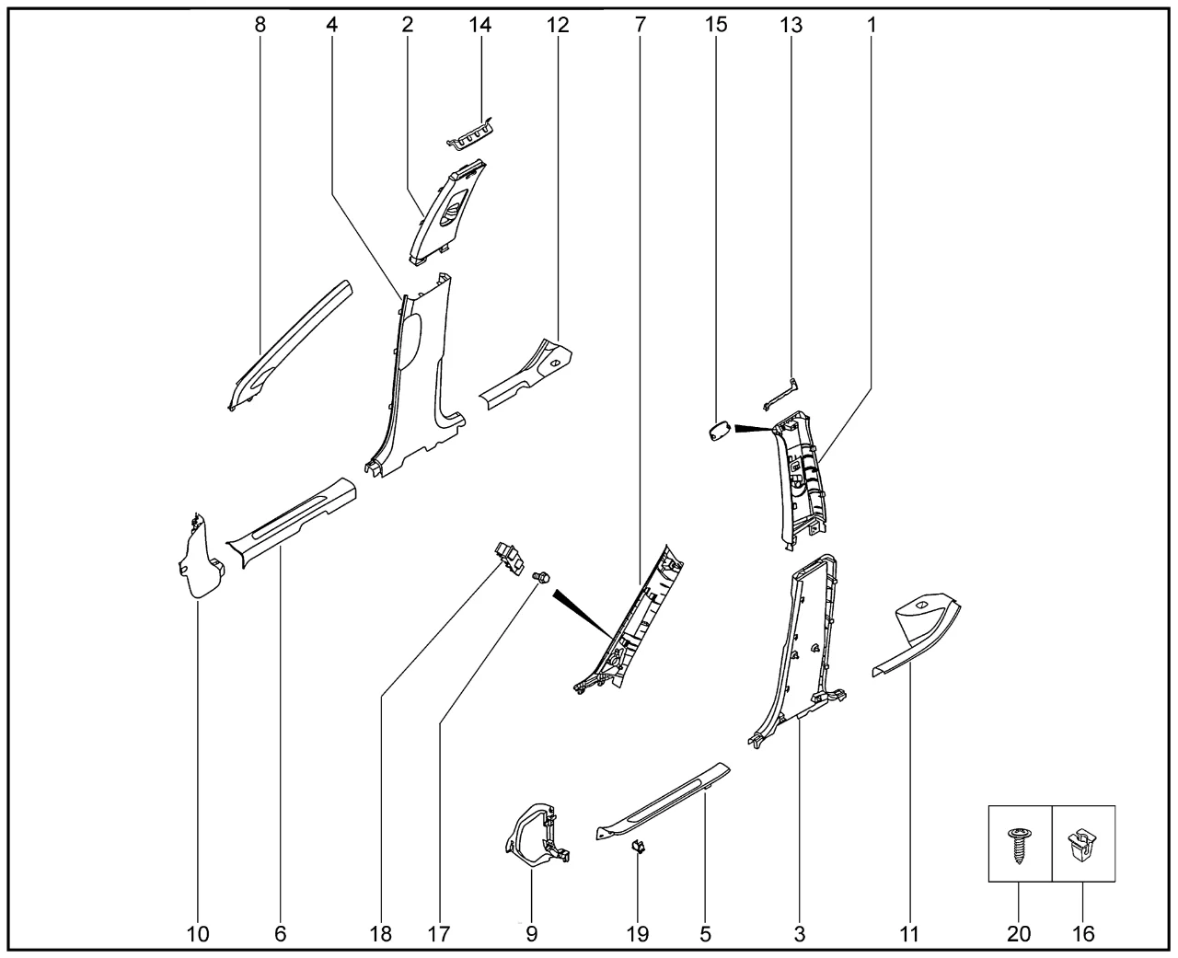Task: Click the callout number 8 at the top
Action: pyautogui.click(x=260, y=25)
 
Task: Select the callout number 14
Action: pyautogui.click(x=479, y=25)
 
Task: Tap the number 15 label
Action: pyautogui.click(x=716, y=25)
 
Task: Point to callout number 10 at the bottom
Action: pyautogui.click(x=198, y=934)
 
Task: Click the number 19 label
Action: pyautogui.click(x=637, y=934)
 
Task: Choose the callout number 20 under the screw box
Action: pyautogui.click(x=1019, y=934)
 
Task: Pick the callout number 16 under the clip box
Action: pyautogui.click(x=1083, y=934)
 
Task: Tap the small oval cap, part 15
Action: pyautogui.click(x=720, y=432)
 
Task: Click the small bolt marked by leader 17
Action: pyautogui.click(x=540, y=577)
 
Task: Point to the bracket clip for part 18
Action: pyautogui.click(x=508, y=559)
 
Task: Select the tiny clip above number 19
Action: pyautogui.click(x=638, y=847)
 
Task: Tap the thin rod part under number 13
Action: pyautogui.click(x=780, y=395)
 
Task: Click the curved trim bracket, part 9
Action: pyautogui.click(x=537, y=833)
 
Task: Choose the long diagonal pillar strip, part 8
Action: pyautogui.click(x=287, y=347)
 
